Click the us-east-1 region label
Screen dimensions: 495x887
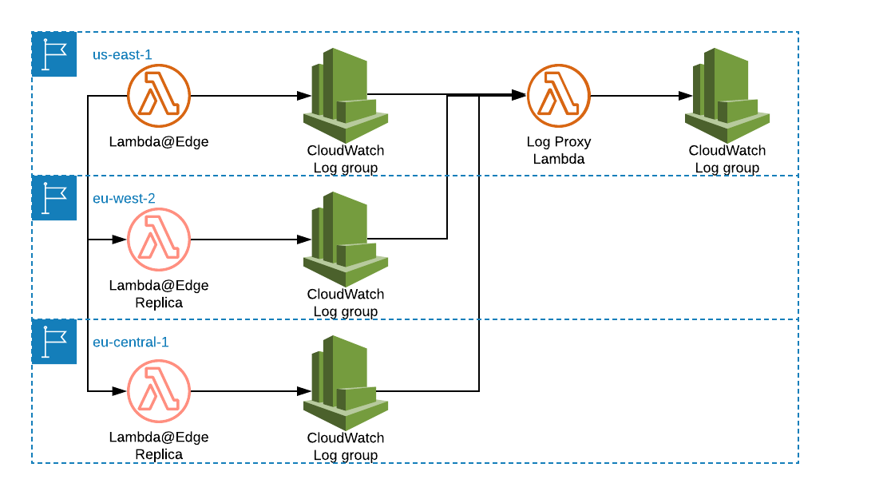122,54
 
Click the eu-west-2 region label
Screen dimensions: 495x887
124,198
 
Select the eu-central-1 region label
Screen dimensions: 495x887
131,342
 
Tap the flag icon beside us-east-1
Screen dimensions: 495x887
54,54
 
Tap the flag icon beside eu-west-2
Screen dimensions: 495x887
54,198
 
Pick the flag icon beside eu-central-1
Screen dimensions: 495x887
54,342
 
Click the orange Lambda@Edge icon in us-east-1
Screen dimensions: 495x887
159,96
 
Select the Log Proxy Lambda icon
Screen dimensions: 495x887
558,96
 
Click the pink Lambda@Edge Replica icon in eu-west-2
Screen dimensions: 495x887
159,240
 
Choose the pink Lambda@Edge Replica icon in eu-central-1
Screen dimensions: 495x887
159,391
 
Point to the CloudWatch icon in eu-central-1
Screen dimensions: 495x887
345,383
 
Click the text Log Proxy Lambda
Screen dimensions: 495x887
559,150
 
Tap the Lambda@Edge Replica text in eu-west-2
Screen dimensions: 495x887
159,294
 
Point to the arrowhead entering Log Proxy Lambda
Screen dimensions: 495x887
519,96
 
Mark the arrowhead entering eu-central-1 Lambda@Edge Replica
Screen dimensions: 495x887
120,391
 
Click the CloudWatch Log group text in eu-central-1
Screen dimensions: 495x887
346,446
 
